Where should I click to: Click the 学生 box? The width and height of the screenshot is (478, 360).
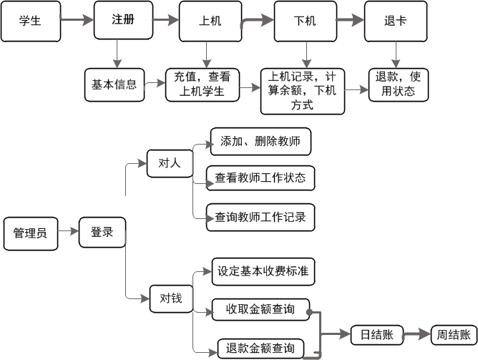[x=30, y=21]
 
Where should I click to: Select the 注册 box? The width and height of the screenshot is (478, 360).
[x=124, y=20]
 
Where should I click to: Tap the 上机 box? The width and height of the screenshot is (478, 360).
[x=209, y=21]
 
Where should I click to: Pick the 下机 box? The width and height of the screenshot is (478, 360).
[x=305, y=21]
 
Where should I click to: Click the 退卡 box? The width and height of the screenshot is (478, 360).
[x=396, y=21]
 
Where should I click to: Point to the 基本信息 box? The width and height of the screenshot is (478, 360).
[x=114, y=84]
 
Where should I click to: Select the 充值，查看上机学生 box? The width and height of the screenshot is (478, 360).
[x=203, y=84]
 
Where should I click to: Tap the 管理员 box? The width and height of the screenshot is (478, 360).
[x=30, y=232]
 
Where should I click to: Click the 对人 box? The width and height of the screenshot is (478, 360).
[x=170, y=163]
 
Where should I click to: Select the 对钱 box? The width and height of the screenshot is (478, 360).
[x=170, y=298]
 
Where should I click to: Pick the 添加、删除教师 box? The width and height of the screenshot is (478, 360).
[x=260, y=142]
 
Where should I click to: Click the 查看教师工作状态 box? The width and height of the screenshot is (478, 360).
[x=260, y=177]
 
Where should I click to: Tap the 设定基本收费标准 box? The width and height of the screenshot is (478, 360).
[x=263, y=272]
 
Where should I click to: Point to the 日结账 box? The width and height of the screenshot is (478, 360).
[x=375, y=334]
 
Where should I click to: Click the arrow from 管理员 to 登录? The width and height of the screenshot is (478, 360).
[x=68, y=232]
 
